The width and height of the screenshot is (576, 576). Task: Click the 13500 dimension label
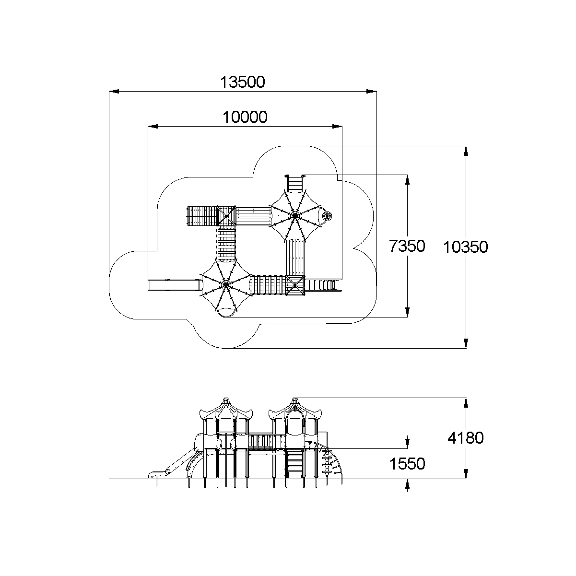242,82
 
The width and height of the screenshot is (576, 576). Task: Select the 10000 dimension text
245,117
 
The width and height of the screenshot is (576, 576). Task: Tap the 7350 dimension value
407,247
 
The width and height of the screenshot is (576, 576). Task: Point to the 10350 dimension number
465,247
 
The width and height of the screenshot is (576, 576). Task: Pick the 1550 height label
407,464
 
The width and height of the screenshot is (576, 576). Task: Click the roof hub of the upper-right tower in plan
294,217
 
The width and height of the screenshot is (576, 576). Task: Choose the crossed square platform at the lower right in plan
295,285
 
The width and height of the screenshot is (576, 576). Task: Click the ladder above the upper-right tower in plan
295,183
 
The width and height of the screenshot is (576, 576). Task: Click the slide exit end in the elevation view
153,475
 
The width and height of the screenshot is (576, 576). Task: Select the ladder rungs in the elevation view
295,463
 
